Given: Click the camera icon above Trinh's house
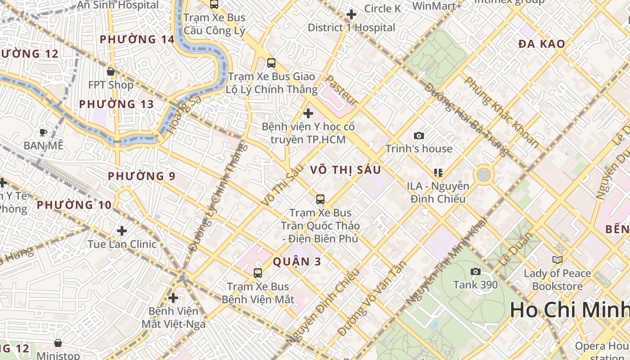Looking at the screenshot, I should pyautogui.click(x=418, y=135).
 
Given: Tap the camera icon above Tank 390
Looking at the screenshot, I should pyautogui.click(x=475, y=271).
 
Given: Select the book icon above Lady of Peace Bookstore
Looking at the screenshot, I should pyautogui.click(x=557, y=260).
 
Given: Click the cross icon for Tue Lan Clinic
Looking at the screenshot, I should pyautogui.click(x=121, y=231).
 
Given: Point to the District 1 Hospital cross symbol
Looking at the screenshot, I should pyautogui.click(x=351, y=14).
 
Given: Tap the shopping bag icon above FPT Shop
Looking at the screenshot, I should pyautogui.click(x=111, y=72).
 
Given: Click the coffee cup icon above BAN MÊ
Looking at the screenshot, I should pyautogui.click(x=43, y=132).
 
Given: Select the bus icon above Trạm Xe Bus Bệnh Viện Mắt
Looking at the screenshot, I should pyautogui.click(x=258, y=273).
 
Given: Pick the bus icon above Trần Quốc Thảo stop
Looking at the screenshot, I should pyautogui.click(x=320, y=199).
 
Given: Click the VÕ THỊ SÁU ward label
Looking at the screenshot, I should pyautogui.click(x=346, y=170).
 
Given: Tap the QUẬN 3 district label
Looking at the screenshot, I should pyautogui.click(x=297, y=261).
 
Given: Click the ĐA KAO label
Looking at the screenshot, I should pyautogui.click(x=541, y=44).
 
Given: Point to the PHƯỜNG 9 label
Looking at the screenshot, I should pyautogui.click(x=141, y=176).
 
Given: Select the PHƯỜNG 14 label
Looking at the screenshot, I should pyautogui.click(x=137, y=40).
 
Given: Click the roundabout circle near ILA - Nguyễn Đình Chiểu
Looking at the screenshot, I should pyautogui.click(x=483, y=174).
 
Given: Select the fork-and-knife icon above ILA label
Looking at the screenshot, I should pyautogui.click(x=438, y=173).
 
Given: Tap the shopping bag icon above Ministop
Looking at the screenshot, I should pyautogui.click(x=58, y=343).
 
